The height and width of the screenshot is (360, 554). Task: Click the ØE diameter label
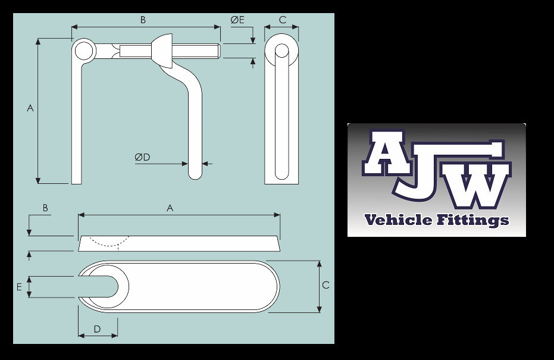pyautogui.click(x=237, y=20)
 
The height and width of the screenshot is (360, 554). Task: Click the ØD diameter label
pyautogui.click(x=142, y=157)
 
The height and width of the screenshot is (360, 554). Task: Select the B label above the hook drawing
pyautogui.click(x=143, y=20)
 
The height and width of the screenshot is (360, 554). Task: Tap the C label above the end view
pyautogui.click(x=282, y=20)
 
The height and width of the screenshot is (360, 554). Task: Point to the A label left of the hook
pyautogui.click(x=30, y=108)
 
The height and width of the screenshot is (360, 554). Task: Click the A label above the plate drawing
pyautogui.click(x=170, y=208)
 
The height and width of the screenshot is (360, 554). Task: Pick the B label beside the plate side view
pyautogui.click(x=45, y=208)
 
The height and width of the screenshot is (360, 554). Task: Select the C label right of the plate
pyautogui.click(x=325, y=285)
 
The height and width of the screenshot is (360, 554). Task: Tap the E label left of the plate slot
pyautogui.click(x=19, y=287)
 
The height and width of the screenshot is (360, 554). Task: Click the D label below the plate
pyautogui.click(x=97, y=328)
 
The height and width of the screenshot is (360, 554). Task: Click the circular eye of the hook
pyautogui.click(x=83, y=50)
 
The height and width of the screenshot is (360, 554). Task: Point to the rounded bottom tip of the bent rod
pyautogui.click(x=195, y=174)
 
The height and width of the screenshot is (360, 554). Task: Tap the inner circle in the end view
pyautogui.click(x=281, y=51)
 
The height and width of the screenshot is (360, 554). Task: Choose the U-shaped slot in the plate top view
pyautogui.click(x=107, y=286)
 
